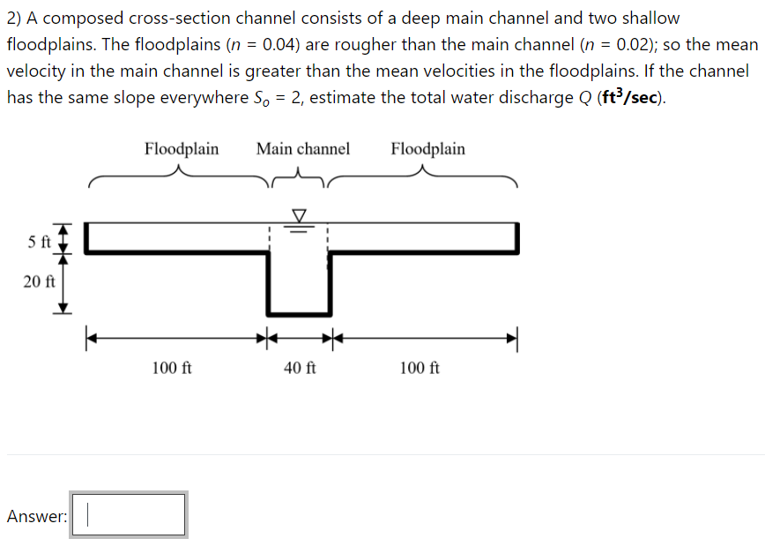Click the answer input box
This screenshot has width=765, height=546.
coord(129,515)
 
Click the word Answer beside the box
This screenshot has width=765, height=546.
coord(36,517)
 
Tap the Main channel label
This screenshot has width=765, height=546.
coord(302,148)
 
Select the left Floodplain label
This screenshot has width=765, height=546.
coord(182,148)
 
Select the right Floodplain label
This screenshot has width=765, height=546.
coord(427,148)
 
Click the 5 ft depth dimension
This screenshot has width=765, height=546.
coord(39,240)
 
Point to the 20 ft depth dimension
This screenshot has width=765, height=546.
coord(39,282)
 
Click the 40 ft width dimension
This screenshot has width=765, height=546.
coord(300,367)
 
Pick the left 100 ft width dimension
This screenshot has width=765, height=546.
coord(172,367)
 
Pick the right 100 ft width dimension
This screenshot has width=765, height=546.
coord(420,367)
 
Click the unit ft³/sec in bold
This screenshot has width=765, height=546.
coord(628,97)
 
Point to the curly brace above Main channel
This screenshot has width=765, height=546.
coord(300,181)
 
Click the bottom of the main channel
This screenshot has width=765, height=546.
coord(299,312)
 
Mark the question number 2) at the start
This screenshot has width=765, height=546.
coord(16,19)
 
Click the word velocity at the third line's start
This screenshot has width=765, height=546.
coord(36,71)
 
